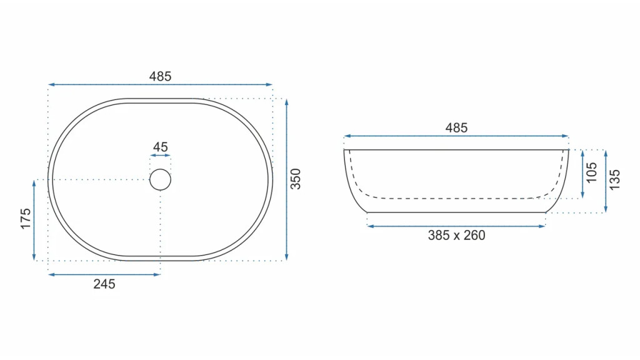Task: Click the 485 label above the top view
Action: point(160,76)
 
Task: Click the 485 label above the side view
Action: point(456,127)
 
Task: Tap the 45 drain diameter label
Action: point(161,147)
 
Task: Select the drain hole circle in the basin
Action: point(160,169)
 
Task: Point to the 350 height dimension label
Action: point(296,179)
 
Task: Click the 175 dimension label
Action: point(25,218)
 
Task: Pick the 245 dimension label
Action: point(104,284)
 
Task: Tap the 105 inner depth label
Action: point(592,172)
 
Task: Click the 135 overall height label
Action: point(615,179)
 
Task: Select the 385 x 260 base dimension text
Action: point(456,236)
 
